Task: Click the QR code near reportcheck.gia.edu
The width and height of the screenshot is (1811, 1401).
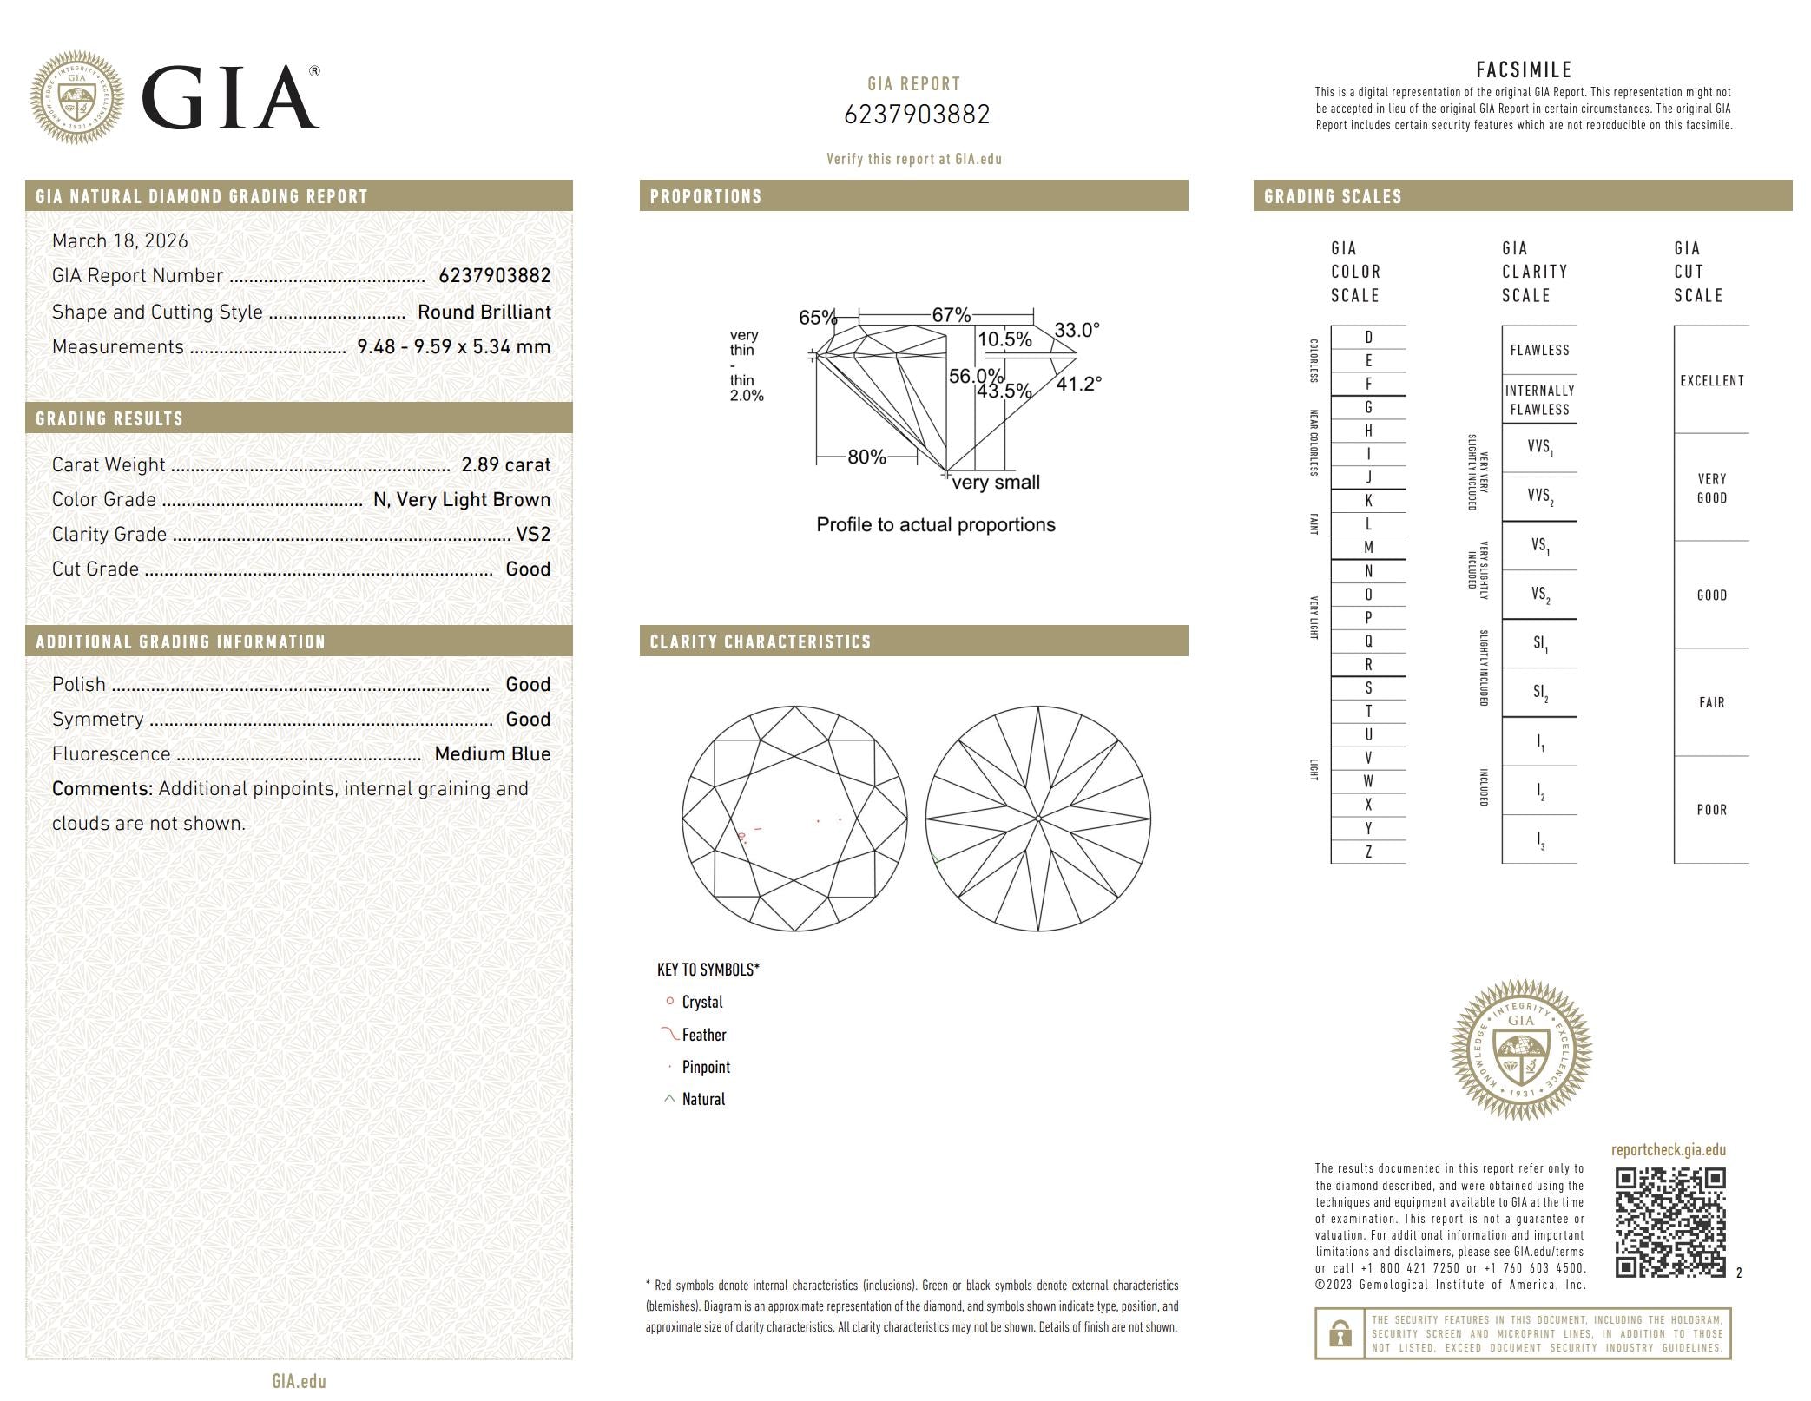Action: tap(1669, 1222)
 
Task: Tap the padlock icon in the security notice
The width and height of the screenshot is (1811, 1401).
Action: tap(1340, 1333)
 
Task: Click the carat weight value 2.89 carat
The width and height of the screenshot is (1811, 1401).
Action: tap(506, 465)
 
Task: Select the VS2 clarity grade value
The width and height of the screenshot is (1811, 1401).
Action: tap(533, 535)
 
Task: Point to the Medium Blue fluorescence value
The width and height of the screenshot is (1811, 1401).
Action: tap(492, 754)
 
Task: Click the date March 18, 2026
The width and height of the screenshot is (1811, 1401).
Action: tap(120, 241)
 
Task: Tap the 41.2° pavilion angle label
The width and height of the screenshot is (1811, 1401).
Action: tap(1078, 384)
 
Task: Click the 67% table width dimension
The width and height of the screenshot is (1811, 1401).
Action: tap(952, 315)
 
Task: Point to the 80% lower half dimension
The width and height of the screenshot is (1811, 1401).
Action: tap(866, 457)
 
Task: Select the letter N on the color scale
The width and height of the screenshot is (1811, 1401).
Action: tap(1368, 571)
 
